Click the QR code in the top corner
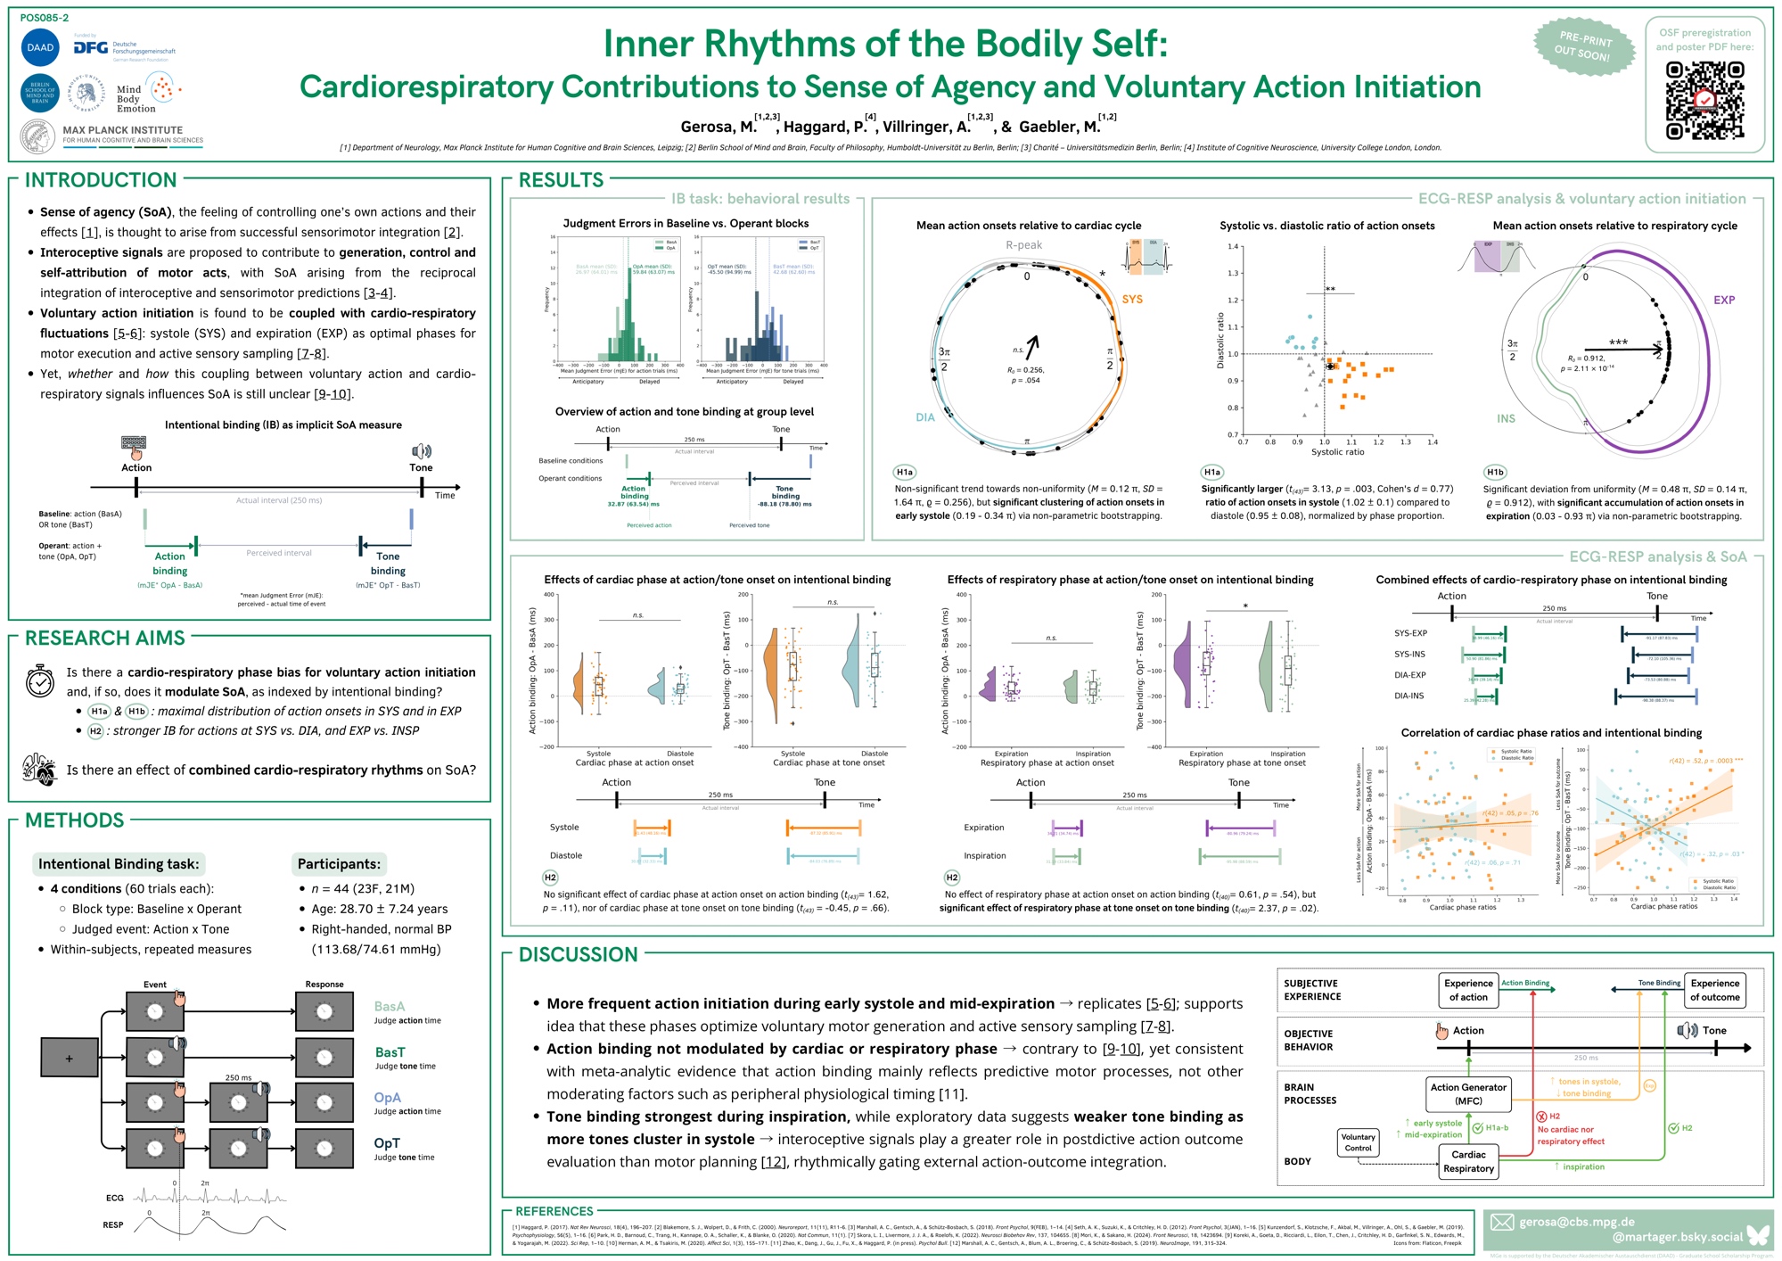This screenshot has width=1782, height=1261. coord(1704,101)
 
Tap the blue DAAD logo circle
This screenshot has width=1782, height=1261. coord(40,47)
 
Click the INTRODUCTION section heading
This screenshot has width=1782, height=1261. coord(101,180)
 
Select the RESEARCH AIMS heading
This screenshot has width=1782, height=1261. coord(105,639)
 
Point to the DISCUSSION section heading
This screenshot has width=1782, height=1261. coord(578,955)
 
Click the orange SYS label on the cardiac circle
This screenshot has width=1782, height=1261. coord(1132,300)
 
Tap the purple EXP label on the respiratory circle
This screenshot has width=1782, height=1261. coord(1724,301)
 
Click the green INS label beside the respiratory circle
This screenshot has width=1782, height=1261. coord(1506,418)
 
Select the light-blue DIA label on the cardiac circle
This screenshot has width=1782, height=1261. coord(925,417)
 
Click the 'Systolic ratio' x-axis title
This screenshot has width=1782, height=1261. coord(1337,452)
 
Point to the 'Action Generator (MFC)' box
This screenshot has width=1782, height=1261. coord(1468,1094)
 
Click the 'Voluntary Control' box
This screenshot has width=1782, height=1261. coord(1358,1142)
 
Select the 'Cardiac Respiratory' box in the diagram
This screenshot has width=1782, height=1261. coord(1468,1161)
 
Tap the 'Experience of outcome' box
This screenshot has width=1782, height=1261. coord(1715,990)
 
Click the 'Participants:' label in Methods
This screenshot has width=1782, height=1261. coord(339,863)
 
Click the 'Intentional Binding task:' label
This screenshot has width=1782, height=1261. coord(119,863)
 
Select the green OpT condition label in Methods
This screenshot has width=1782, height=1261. coord(387,1143)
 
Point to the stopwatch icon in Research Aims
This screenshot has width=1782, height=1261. coord(39,680)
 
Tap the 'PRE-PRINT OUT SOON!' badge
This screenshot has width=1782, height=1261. coord(1584,46)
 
